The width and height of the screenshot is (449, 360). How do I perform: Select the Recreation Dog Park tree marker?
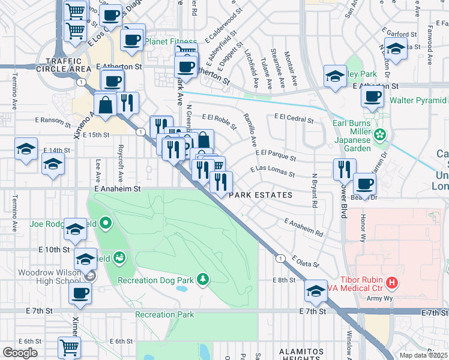click(203, 278)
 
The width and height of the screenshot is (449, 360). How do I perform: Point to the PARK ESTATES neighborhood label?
click(261, 195)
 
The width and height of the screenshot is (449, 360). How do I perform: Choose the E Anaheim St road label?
click(117, 188)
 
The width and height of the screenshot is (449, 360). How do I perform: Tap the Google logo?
click(19, 353)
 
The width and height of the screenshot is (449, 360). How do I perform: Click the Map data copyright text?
click(424, 355)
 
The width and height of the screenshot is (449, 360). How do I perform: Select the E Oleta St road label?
click(306, 262)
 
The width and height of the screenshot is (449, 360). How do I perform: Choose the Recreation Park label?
click(164, 314)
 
